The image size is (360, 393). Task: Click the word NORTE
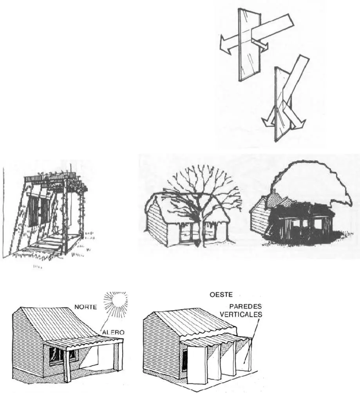[85, 306]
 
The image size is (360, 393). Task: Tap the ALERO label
[114, 333]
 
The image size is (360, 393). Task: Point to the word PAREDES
[246, 306]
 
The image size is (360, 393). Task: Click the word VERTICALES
[242, 314]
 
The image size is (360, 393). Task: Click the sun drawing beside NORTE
[116, 303]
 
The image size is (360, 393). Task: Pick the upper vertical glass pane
[250, 45]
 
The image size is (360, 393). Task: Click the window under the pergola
[38, 211]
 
